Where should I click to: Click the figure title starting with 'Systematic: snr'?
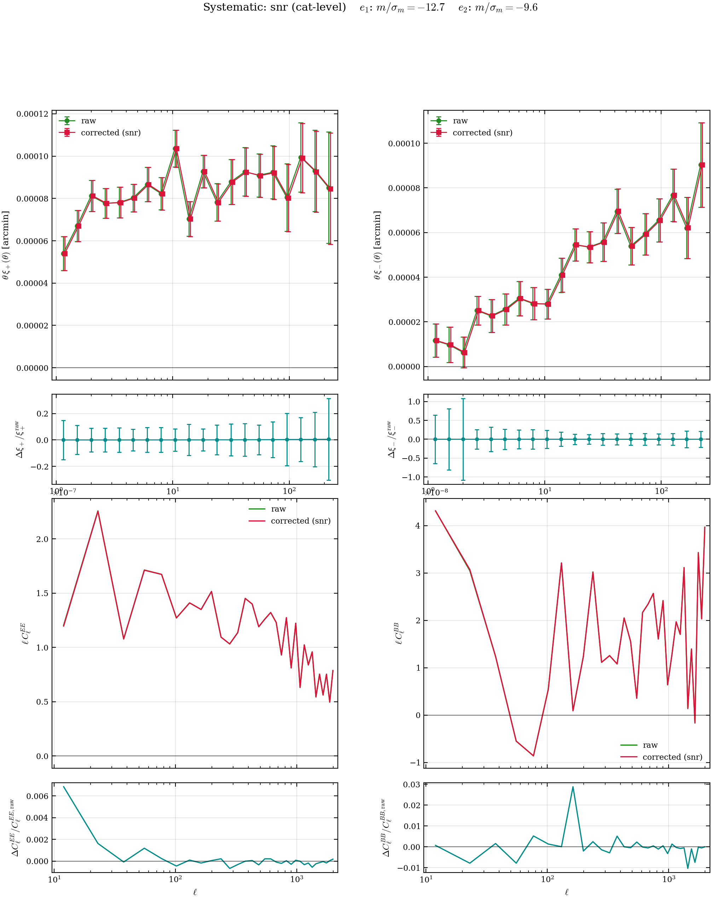tap(370, 7)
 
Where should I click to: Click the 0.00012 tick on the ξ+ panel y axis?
tap(32, 114)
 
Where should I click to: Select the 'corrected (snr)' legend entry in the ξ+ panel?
tap(110, 133)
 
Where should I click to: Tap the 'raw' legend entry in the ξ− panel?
tap(460, 121)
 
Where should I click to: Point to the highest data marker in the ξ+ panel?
tap(176, 148)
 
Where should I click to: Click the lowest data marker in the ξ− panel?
tap(464, 352)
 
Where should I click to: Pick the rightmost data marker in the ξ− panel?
tap(702, 165)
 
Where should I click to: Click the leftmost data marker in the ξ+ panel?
tap(64, 253)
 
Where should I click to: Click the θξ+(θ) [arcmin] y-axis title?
tap(6, 245)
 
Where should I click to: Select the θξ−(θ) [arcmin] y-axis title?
tap(377, 245)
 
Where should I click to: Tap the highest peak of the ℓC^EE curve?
tap(98, 511)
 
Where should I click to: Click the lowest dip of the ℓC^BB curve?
tap(533, 756)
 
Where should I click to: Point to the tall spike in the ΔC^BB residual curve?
tap(573, 787)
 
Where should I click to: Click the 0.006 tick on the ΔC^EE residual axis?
tap(37, 796)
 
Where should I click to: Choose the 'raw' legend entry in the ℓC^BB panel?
tap(650, 745)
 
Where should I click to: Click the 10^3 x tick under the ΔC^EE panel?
tap(296, 879)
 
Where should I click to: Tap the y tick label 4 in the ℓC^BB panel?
tap(417, 526)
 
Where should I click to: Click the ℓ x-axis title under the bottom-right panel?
tap(567, 892)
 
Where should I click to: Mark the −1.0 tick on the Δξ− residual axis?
tap(411, 477)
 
